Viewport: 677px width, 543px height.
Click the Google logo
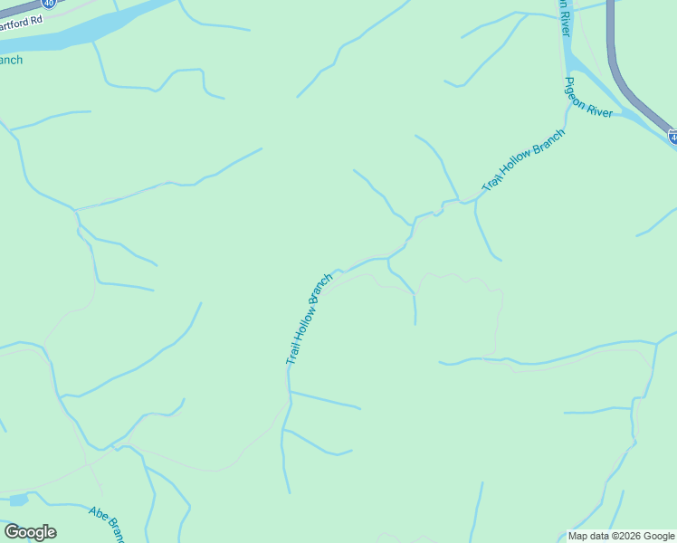[30, 532]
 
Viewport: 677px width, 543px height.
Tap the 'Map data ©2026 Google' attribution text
[621, 536]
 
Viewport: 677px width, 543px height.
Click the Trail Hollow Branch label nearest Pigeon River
[523, 159]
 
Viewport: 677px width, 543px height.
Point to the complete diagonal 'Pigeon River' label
[588, 98]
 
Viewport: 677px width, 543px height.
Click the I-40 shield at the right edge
[672, 137]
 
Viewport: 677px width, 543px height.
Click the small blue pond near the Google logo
[19, 500]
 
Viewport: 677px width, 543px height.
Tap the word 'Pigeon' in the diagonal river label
[577, 91]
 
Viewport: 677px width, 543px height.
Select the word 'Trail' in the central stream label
[293, 352]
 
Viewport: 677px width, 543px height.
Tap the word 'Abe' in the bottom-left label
[98, 514]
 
